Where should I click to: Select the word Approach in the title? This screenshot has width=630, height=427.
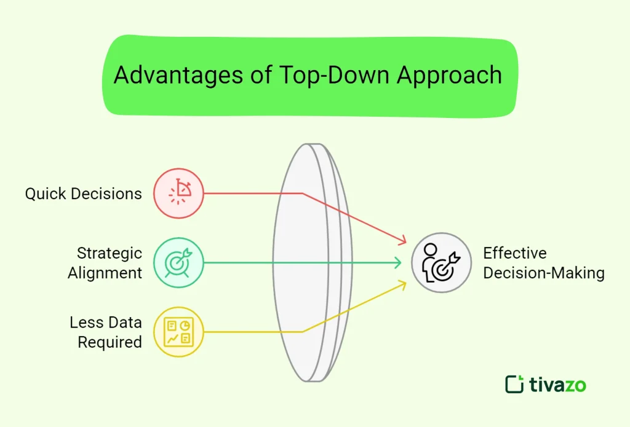[x=449, y=76]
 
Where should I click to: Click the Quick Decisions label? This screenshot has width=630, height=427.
[x=83, y=194]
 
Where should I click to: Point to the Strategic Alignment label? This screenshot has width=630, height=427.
[x=105, y=263]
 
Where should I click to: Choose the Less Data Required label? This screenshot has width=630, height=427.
[x=106, y=332]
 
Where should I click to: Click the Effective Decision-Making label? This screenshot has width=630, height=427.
[x=543, y=263]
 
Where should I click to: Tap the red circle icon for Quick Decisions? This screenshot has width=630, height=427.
[x=178, y=194]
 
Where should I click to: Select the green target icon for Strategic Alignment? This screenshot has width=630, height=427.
[x=178, y=263]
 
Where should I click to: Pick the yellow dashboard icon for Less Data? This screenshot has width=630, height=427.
[x=178, y=332]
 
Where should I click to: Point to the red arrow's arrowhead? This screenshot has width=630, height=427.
[x=404, y=241]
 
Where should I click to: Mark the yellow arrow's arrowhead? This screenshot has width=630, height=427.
[x=403, y=283]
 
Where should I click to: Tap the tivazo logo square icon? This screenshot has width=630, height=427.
[x=514, y=384]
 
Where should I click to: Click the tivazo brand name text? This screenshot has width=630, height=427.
[x=557, y=385]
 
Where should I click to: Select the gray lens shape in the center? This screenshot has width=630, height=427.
[x=311, y=263]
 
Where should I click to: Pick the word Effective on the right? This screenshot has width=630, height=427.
[x=514, y=253]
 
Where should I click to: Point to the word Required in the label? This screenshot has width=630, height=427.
[x=110, y=342]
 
